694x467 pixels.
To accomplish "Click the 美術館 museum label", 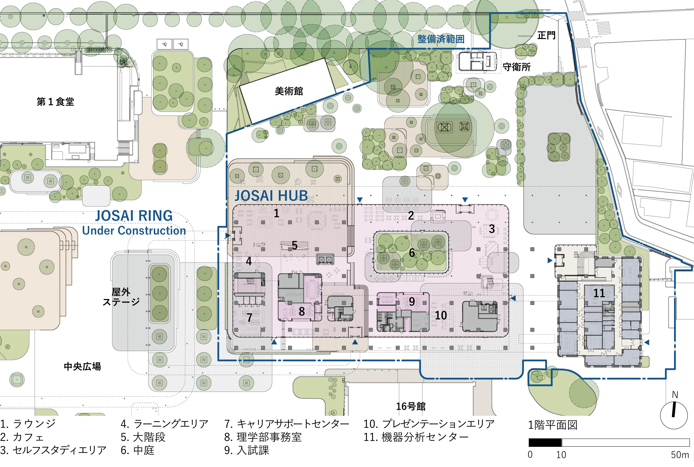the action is tap(289, 91).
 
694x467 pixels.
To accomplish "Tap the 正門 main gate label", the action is tap(546, 35).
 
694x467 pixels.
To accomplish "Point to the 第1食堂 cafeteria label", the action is tap(55, 102).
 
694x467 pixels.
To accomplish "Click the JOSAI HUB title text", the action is tap(271, 196).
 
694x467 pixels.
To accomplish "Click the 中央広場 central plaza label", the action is tap(83, 366).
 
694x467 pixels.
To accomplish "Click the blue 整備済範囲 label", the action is tap(441, 39).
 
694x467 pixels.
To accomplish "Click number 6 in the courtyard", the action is tap(412, 253).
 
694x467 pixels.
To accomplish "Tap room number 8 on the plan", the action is tap(302, 312).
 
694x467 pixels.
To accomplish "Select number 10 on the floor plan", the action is tap(441, 315).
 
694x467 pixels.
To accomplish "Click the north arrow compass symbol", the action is tap(674, 415).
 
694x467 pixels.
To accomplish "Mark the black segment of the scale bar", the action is tap(545, 442).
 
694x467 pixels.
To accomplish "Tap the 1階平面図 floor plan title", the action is tap(553, 425).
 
